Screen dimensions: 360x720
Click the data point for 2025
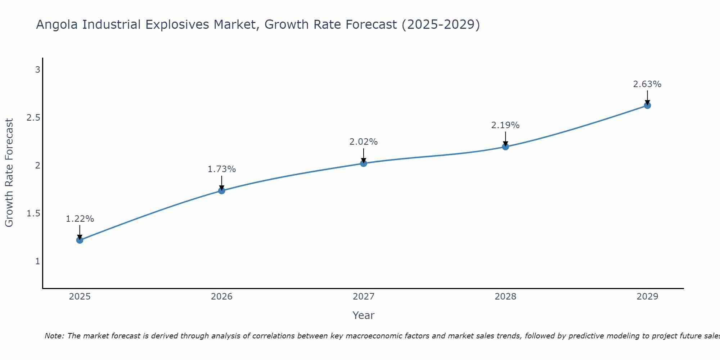(80, 240)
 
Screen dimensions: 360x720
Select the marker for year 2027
(364, 163)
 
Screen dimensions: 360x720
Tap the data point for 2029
(647, 105)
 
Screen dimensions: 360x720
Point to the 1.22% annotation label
(80, 219)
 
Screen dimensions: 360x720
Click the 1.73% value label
(222, 169)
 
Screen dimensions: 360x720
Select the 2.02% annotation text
(364, 142)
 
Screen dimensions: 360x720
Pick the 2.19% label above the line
(505, 125)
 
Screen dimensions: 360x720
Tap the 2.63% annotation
(647, 84)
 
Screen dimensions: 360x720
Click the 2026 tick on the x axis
(222, 297)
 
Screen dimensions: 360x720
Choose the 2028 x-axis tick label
(505, 297)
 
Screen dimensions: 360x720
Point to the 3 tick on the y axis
(37, 70)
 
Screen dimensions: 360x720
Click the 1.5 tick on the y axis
(33, 213)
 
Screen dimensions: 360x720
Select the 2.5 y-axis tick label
(33, 118)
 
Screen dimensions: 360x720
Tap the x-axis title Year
(364, 315)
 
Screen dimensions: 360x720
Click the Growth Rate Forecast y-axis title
(9, 173)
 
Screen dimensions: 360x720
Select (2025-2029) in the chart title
(441, 25)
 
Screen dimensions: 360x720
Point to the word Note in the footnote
(54, 336)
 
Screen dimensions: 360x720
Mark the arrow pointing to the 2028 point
(505, 139)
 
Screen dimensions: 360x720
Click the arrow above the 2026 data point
(222, 183)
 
